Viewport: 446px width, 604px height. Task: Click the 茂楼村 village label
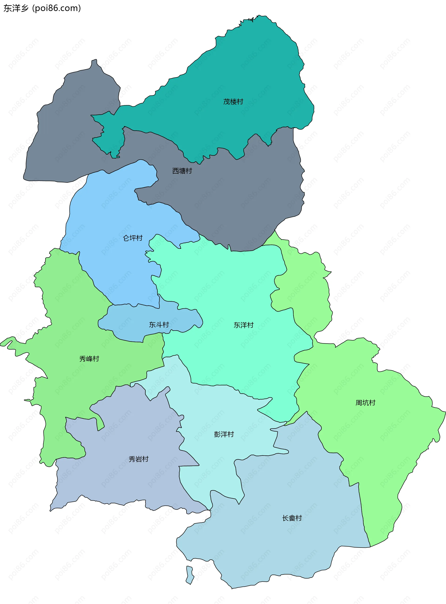(233, 102)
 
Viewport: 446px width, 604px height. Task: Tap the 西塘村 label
(182, 171)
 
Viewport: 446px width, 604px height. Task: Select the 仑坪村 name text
(133, 238)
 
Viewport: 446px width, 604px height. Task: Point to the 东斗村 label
(159, 325)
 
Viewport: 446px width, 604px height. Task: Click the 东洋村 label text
(243, 325)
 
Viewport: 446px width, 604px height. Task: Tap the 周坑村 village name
(365, 403)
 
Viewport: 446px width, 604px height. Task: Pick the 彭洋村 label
(224, 434)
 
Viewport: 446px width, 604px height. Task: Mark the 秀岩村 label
(138, 459)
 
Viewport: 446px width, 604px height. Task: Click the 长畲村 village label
(292, 518)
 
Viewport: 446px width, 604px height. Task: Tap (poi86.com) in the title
(56, 8)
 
